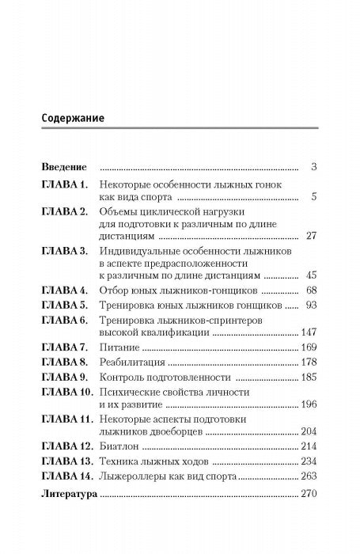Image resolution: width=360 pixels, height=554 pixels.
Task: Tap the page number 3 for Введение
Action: [x=314, y=168]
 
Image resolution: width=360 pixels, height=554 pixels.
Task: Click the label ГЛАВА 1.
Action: [x=65, y=184]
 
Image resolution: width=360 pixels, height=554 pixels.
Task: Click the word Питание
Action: [x=117, y=349]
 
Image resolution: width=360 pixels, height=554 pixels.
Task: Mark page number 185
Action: [x=309, y=378]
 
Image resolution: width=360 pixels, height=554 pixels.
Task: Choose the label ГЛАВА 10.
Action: [x=68, y=393]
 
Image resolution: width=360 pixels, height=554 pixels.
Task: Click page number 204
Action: [x=309, y=433]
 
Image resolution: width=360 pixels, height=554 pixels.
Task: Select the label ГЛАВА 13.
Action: [x=68, y=462]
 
